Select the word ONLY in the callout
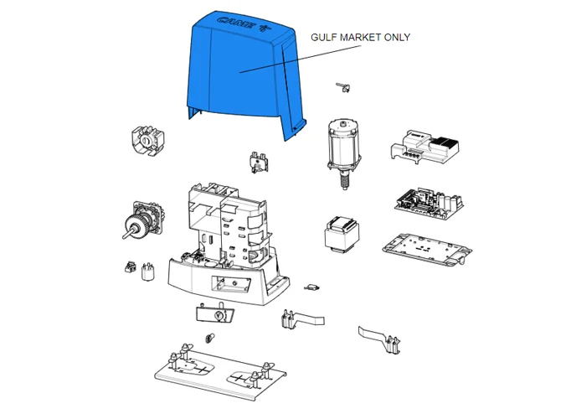pos(397,38)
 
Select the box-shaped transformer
pos(342,235)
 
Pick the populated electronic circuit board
pos(429,204)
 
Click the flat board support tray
pos(427,250)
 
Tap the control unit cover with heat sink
pos(424,147)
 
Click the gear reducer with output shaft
pos(143,220)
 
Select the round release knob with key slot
pos(147,142)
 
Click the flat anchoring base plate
pos(220,371)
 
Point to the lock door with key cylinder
pos(215,313)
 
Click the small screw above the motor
pos(343,87)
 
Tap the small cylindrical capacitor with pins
pos(148,272)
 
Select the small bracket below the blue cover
pos(259,162)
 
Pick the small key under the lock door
pos(210,339)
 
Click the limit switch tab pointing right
pos(303,319)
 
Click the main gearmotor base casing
pos(227,245)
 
